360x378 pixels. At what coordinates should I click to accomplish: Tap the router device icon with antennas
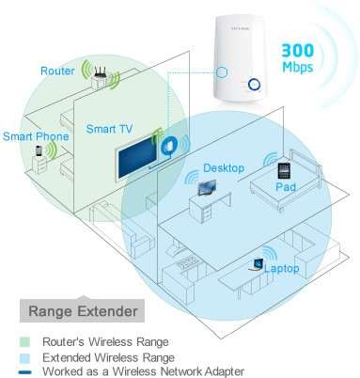click(x=99, y=74)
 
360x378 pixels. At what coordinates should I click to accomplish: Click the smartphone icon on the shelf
click(x=39, y=150)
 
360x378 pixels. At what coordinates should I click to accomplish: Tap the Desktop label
click(x=224, y=168)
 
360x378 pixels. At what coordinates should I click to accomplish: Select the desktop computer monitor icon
click(x=206, y=186)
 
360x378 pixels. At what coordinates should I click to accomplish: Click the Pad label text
click(x=287, y=187)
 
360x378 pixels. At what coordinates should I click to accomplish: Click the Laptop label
click(x=282, y=268)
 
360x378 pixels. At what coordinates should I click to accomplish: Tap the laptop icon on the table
click(x=256, y=265)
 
